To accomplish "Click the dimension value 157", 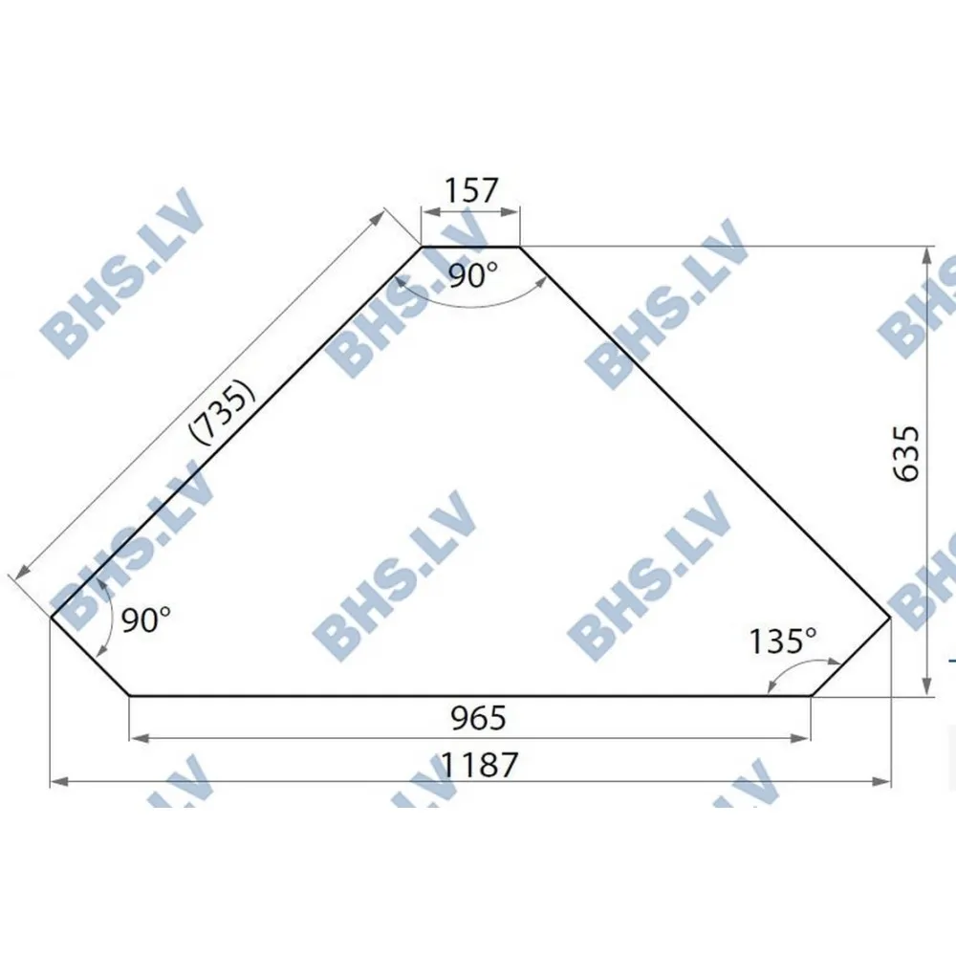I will [471, 190].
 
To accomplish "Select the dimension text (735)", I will [223, 411].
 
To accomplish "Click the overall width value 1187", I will [480, 764].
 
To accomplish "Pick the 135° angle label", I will [783, 639].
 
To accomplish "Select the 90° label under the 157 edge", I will [473, 277].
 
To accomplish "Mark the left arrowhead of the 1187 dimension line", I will [55, 782].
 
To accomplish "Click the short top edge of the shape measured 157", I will [470, 247].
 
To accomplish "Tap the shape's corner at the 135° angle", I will [811, 695].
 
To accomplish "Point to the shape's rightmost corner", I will [891, 618].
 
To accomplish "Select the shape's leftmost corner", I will [50, 618].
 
